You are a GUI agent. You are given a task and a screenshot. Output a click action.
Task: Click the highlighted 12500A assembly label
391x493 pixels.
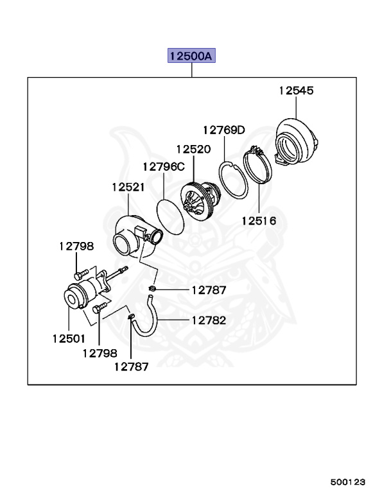point(191,56)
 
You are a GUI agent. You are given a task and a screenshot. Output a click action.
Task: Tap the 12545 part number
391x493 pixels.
point(295,91)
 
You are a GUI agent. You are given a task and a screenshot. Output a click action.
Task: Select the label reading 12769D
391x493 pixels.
point(224,130)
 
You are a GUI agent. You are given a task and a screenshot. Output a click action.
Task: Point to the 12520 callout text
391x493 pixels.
point(194,149)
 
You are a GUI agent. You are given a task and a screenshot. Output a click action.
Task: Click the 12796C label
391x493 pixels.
point(163,166)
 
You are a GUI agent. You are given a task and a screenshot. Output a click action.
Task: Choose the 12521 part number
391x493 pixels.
point(128,187)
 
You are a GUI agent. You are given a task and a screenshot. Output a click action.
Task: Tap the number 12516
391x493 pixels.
point(259,221)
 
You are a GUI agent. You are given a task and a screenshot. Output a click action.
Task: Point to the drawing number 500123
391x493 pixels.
point(349,480)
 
